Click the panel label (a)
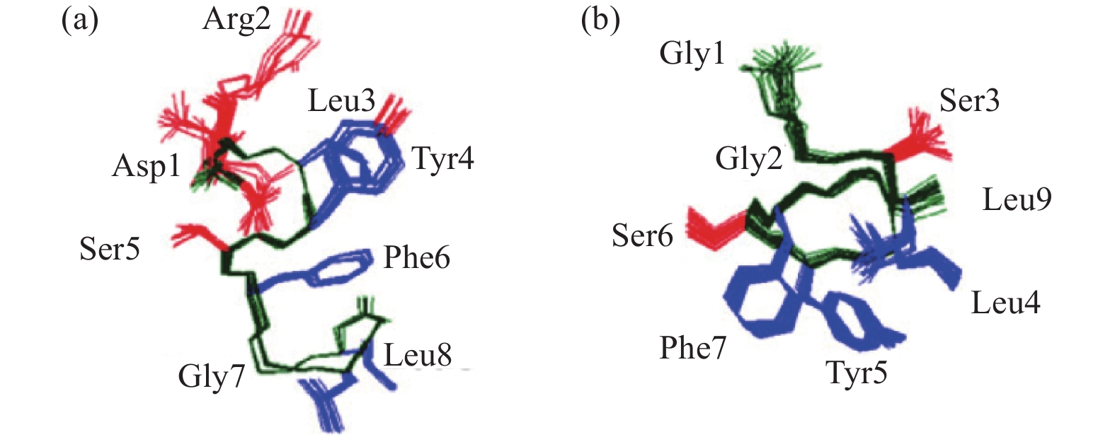79,21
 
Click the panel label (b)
600,21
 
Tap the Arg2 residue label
236,19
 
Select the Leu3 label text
341,101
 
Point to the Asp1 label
147,167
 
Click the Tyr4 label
442,159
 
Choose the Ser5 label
110,249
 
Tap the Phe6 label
416,258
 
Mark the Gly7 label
211,376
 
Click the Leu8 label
417,355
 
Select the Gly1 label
692,53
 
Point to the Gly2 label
748,158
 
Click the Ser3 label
969,101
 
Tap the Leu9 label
1017,200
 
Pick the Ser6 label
642,235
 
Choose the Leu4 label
1005,303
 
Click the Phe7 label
692,348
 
